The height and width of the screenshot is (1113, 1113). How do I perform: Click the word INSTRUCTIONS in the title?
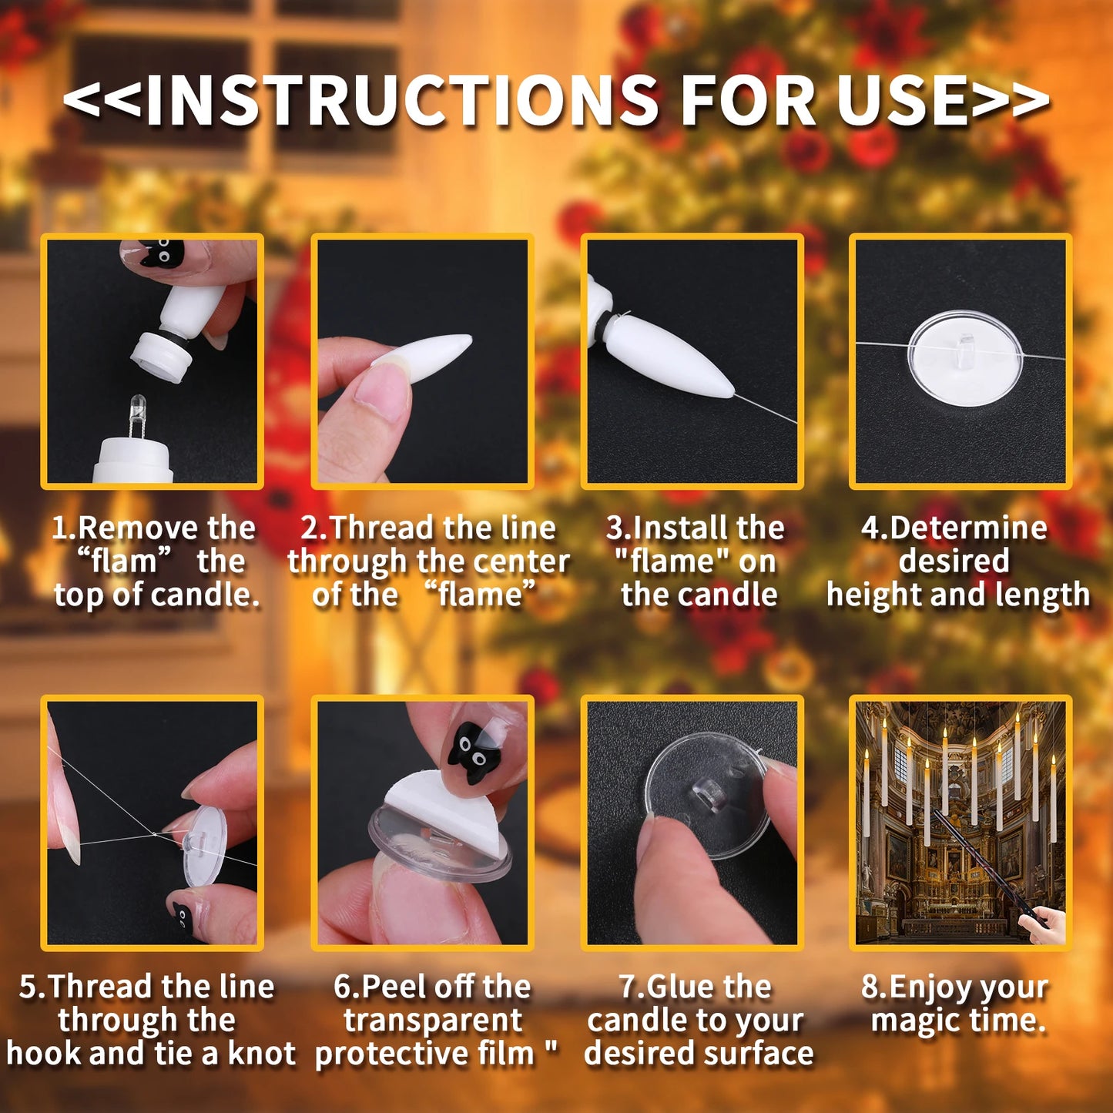coord(401,101)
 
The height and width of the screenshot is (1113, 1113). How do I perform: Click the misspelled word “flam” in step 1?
coord(123,561)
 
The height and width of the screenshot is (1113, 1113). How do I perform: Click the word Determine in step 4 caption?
coord(968,528)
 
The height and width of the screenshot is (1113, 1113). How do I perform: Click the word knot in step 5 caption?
coord(262,1053)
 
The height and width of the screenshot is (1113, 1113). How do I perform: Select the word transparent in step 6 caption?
coord(433,1020)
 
